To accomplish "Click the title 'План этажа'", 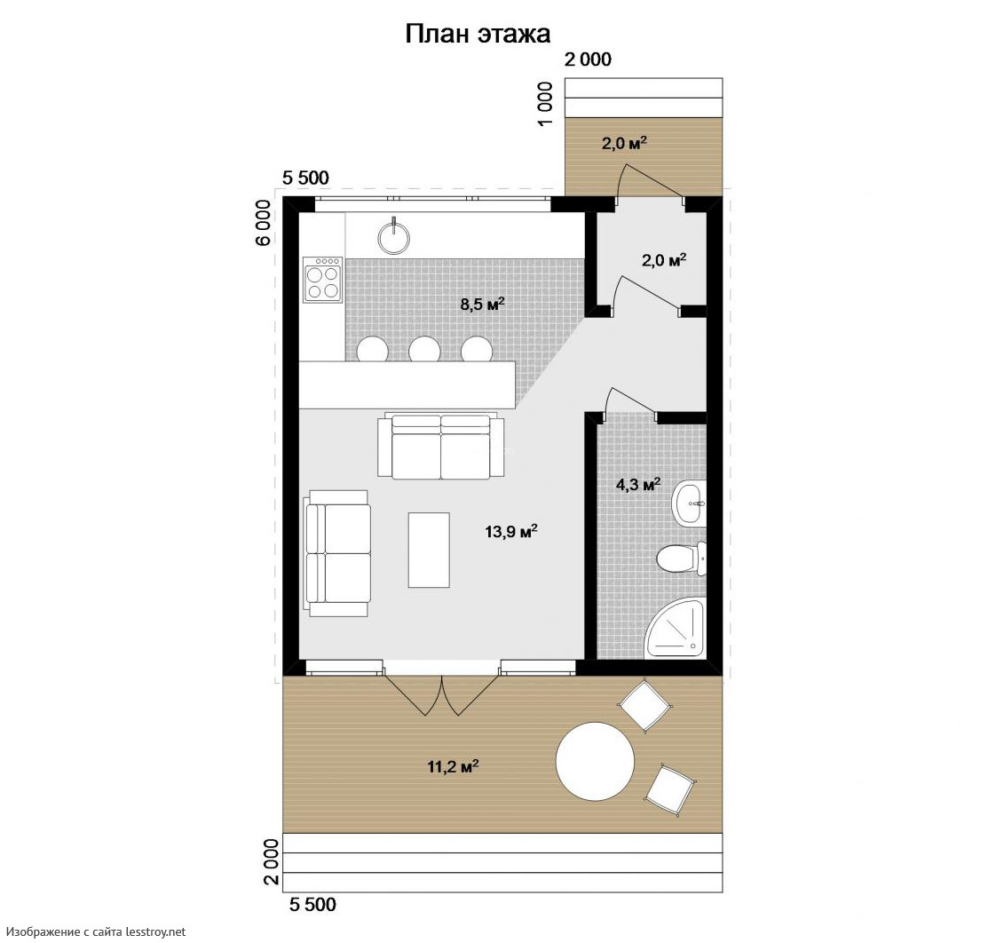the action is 478,34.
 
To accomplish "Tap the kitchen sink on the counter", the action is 394,238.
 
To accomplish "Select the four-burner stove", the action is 322,279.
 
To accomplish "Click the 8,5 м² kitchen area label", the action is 483,304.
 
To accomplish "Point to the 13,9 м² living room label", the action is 511,531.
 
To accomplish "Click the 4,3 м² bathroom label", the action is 638,484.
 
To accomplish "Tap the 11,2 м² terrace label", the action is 453,766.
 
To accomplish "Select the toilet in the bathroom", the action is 681,559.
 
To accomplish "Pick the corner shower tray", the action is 676,628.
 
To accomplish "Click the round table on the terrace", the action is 595,762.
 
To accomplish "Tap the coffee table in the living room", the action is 429,550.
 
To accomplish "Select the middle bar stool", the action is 424,349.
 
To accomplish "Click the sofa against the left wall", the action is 337,553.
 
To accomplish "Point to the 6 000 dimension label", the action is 264,222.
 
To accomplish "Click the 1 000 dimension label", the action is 546,103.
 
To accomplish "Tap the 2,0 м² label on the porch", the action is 624,143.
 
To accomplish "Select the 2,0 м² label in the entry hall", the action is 664,259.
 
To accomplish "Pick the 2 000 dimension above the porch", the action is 588,59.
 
